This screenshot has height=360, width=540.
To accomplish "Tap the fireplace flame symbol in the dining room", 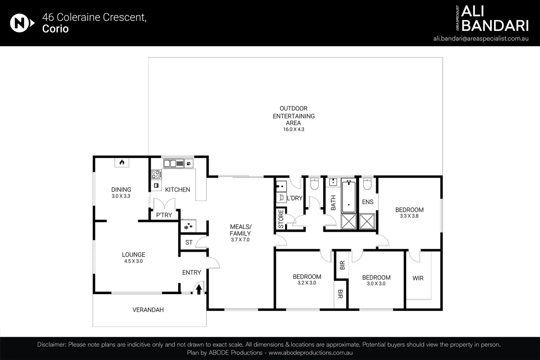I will [x=122, y=162].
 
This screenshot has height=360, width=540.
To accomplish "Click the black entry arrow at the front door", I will [x=198, y=289].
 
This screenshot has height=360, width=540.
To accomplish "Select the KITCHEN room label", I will [x=177, y=190].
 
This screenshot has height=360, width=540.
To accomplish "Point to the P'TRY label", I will [x=164, y=215].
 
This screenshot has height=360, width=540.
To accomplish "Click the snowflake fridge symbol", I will [x=188, y=226].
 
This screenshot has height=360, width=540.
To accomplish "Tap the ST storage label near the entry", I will [x=189, y=242].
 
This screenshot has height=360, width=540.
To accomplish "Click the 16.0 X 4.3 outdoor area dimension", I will [x=294, y=129].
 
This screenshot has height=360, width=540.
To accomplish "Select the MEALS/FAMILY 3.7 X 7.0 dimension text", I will [x=240, y=240].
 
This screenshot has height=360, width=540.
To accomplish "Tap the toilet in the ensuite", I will [x=367, y=184].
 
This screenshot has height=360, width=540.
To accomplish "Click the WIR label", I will [x=418, y=278].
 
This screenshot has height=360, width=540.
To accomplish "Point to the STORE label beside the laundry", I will [x=281, y=219].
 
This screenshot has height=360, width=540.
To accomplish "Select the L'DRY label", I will [x=295, y=198].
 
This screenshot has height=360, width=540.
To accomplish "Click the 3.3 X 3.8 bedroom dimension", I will [x=409, y=216].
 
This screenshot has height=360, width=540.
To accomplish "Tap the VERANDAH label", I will [x=148, y=310].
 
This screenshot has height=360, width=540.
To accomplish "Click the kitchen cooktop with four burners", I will [x=156, y=174].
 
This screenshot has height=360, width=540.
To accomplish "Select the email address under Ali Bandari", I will [x=481, y=38].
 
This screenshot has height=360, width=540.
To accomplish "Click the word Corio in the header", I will [x=55, y=29].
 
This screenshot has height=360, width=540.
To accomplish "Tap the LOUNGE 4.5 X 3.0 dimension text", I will [x=133, y=261].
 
